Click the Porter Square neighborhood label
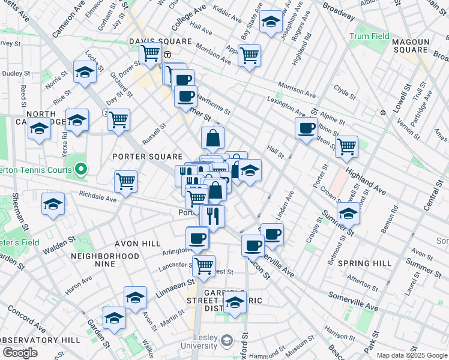[143, 157]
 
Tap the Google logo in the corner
[20, 353]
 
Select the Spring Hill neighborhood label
[364, 263]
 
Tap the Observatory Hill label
[40, 340]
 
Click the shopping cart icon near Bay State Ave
[249, 56]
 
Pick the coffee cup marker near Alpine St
[307, 127]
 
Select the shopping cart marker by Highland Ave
[346, 145]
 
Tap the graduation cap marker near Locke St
[85, 72]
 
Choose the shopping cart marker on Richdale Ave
[125, 180]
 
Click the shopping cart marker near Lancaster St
[204, 264]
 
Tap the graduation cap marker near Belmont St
[348, 212]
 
